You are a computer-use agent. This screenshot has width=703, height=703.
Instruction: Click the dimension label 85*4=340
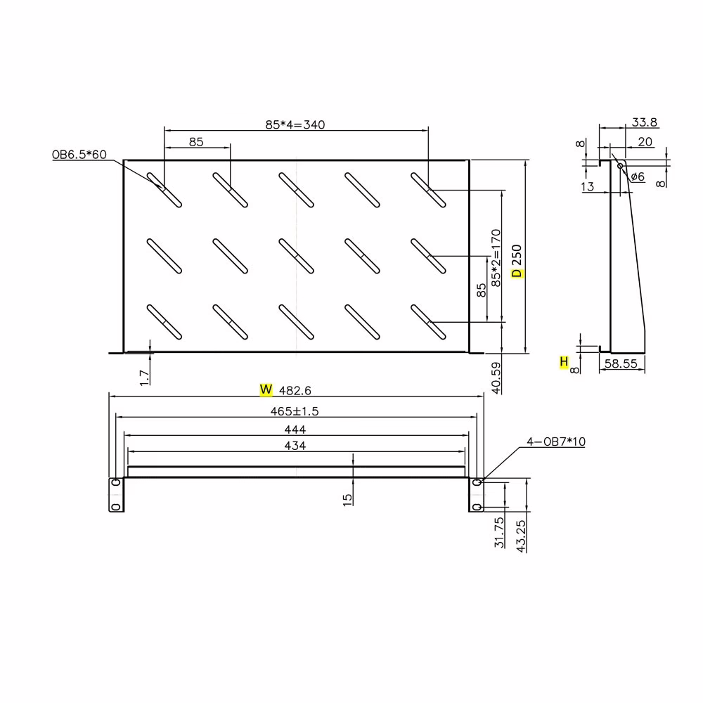295,124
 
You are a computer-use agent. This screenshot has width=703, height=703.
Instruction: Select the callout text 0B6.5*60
79,155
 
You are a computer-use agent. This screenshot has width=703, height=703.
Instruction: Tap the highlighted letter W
266,389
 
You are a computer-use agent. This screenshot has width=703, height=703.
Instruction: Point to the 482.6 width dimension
295,390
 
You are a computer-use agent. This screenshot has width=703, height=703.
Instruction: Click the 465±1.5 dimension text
295,411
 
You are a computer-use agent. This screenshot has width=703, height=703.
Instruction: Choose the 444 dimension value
295,430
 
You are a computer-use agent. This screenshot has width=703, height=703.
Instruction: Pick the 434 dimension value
295,446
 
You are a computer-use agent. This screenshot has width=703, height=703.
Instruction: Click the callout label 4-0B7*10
556,441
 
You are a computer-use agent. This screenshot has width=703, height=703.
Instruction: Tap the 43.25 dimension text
521,536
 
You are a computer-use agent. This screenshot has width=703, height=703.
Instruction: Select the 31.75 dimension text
499,532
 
